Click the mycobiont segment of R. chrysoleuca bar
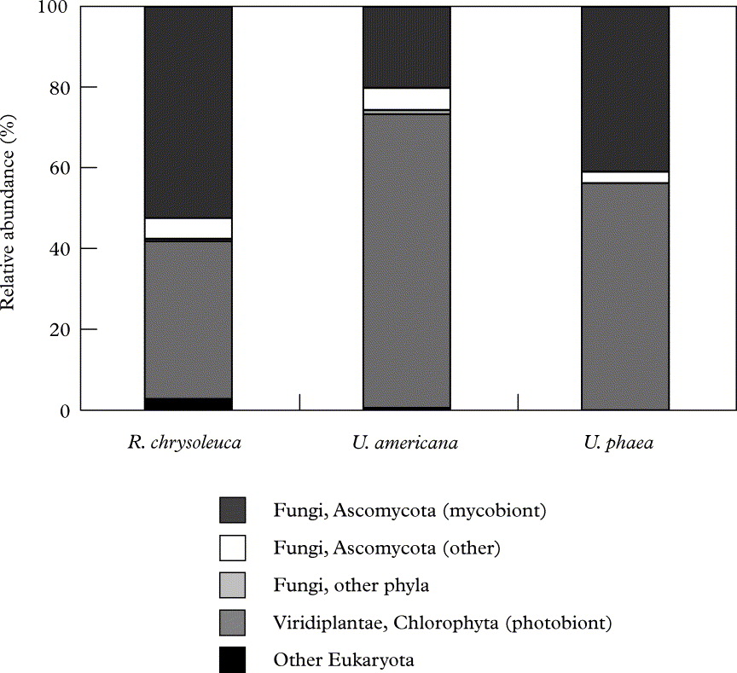(189, 111)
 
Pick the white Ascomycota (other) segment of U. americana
(407, 99)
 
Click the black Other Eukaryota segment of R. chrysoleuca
(189, 404)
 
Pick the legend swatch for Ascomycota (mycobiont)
(232, 510)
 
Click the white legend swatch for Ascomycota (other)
(232, 547)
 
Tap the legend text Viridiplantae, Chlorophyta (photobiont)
(443, 622)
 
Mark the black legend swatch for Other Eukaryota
(232, 659)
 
